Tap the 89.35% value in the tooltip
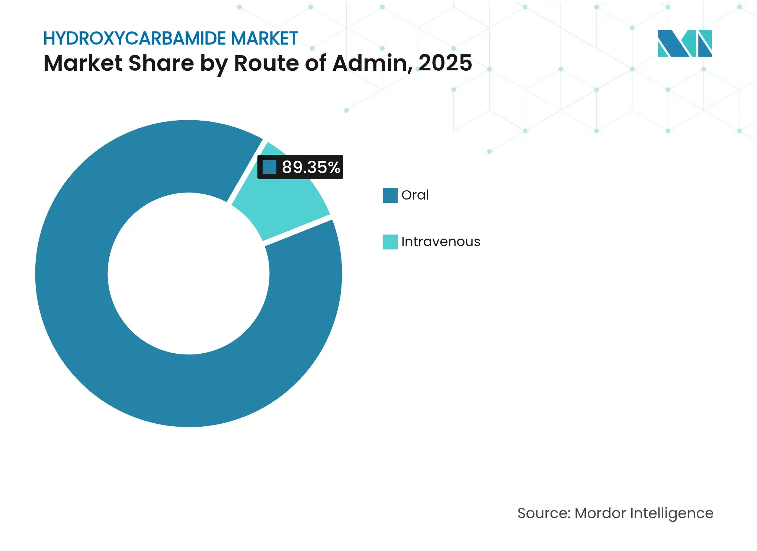click(x=311, y=167)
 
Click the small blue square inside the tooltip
click(x=269, y=167)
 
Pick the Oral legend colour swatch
click(x=390, y=195)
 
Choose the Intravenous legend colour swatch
click(x=390, y=242)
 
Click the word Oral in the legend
click(x=415, y=195)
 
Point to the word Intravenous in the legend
click(x=440, y=242)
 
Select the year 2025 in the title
click(x=445, y=63)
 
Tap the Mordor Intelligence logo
click(x=684, y=43)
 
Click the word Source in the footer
click(x=543, y=513)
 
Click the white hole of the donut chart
click(x=189, y=274)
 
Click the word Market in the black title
click(x=83, y=63)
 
